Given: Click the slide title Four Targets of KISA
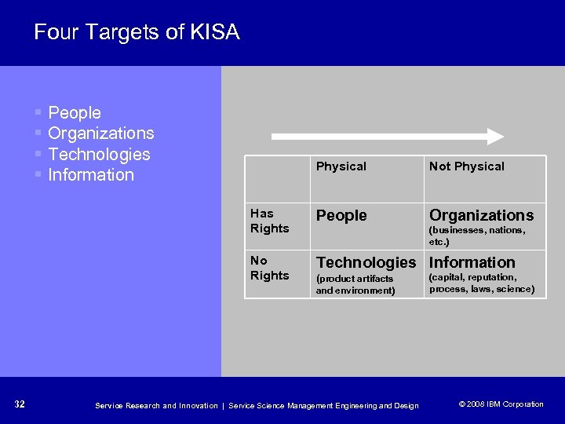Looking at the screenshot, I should click(137, 32).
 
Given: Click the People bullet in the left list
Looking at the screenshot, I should click(75, 113).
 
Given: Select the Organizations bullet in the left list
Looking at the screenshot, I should click(100, 133).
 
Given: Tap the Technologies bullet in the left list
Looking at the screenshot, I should click(99, 154).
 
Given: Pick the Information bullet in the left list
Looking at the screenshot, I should click(90, 174).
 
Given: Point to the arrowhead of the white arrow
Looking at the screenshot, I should click(495, 136).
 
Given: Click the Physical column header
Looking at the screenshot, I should click(341, 166).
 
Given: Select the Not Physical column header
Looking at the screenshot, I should click(466, 166).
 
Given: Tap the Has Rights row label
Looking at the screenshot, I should click(269, 221).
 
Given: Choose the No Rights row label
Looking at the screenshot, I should click(269, 268).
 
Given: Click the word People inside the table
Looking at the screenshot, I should click(341, 215).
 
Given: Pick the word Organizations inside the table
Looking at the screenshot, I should click(481, 215).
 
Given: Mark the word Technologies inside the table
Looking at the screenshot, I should click(366, 262).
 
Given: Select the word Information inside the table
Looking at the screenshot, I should click(472, 262).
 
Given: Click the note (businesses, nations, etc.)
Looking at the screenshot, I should click(476, 236).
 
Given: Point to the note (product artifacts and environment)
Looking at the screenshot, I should click(355, 284).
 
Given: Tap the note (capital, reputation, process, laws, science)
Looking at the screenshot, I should click(481, 283).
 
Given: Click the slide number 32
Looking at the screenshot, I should click(20, 404).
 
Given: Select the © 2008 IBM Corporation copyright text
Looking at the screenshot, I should click(501, 404).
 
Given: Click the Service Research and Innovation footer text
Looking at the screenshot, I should click(156, 405).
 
